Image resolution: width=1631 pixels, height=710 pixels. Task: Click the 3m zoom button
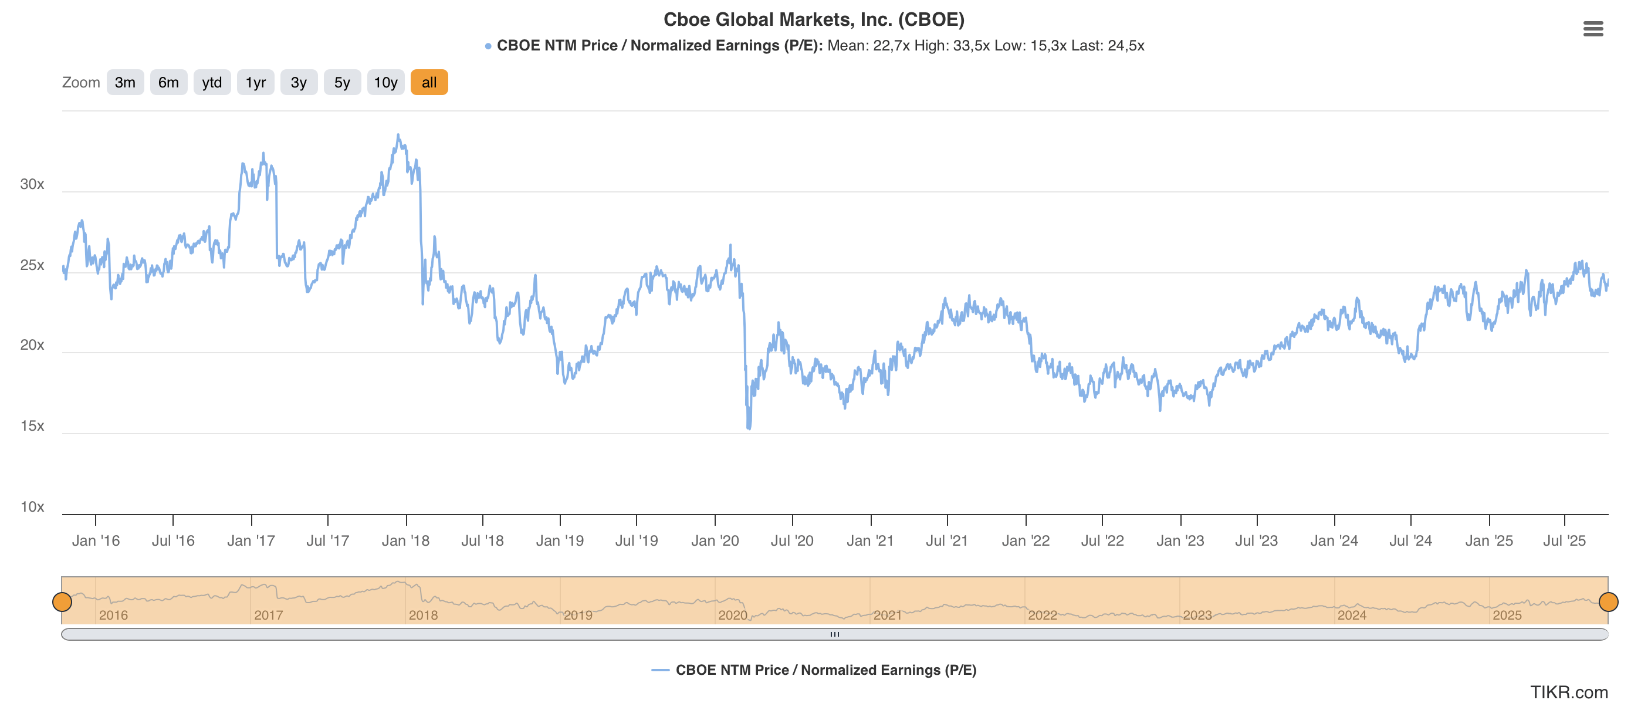[x=125, y=82]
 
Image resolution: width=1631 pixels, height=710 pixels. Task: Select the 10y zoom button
[x=385, y=82]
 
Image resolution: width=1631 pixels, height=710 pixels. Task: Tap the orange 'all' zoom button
[x=429, y=82]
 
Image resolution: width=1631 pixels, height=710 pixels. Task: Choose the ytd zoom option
[x=211, y=82]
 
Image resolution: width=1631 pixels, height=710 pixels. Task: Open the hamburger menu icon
[x=1592, y=29]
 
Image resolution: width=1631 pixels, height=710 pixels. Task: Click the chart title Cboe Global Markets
[x=814, y=19]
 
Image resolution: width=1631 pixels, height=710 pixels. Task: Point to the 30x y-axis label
[x=32, y=184]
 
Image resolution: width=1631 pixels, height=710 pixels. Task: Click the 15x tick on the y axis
[x=32, y=425]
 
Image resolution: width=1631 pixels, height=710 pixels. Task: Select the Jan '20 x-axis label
[x=715, y=540]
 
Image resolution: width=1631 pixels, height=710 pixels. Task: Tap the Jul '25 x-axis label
[x=1564, y=540]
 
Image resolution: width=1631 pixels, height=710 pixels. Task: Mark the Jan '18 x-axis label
[x=405, y=540]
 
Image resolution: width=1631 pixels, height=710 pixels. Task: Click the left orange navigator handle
[x=62, y=601]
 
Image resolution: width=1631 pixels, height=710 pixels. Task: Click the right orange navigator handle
[x=1608, y=601]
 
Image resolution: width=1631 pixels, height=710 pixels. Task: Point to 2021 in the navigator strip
[x=887, y=615]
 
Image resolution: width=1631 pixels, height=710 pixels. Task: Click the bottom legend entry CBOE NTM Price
[x=825, y=670]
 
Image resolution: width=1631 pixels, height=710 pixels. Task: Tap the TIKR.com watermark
[x=1568, y=692]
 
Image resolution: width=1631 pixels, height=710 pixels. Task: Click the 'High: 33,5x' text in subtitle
[x=952, y=46]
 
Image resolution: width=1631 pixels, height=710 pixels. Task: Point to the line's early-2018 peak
[x=398, y=135]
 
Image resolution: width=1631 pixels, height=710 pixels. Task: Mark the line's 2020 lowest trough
[x=749, y=428]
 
